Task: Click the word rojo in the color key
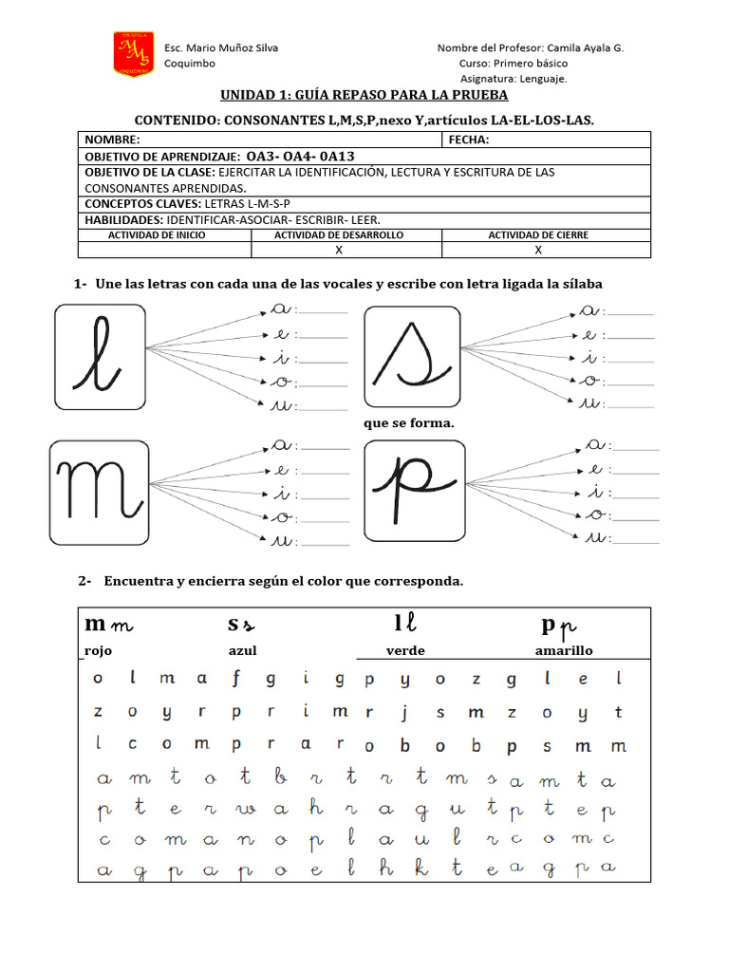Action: pos(99,651)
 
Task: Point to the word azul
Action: pos(243,651)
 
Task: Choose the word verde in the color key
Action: pos(405,651)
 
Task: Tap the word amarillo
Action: pos(564,651)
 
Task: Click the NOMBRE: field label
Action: pos(113,140)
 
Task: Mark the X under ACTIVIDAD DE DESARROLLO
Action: pos(339,251)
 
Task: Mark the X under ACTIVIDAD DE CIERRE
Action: pos(538,251)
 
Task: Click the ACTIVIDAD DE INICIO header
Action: pos(157,234)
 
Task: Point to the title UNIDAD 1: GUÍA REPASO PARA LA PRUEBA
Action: pos(364,95)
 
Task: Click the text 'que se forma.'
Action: pos(409,423)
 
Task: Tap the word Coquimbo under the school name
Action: pos(190,64)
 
